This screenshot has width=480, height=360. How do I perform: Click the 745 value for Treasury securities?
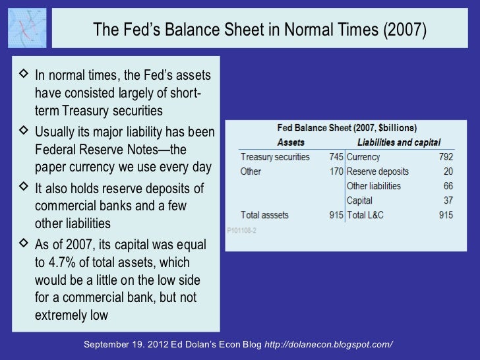[x=336, y=158]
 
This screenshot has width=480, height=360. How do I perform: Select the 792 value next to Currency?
[x=446, y=158]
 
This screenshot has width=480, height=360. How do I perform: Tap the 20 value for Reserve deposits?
[x=448, y=171]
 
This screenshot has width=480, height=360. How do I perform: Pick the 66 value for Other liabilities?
[x=448, y=186]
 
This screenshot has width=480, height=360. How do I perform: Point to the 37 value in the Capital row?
[x=448, y=200]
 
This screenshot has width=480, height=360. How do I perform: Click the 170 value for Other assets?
[x=336, y=171]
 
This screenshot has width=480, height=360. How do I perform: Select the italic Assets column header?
[x=291, y=142]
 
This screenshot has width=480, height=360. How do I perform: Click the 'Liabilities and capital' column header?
[x=398, y=142]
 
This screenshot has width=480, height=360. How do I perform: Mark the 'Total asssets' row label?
[x=268, y=215]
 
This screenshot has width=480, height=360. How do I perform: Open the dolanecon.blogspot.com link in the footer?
[x=328, y=345]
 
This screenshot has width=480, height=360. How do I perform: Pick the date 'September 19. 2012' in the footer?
[x=125, y=345]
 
